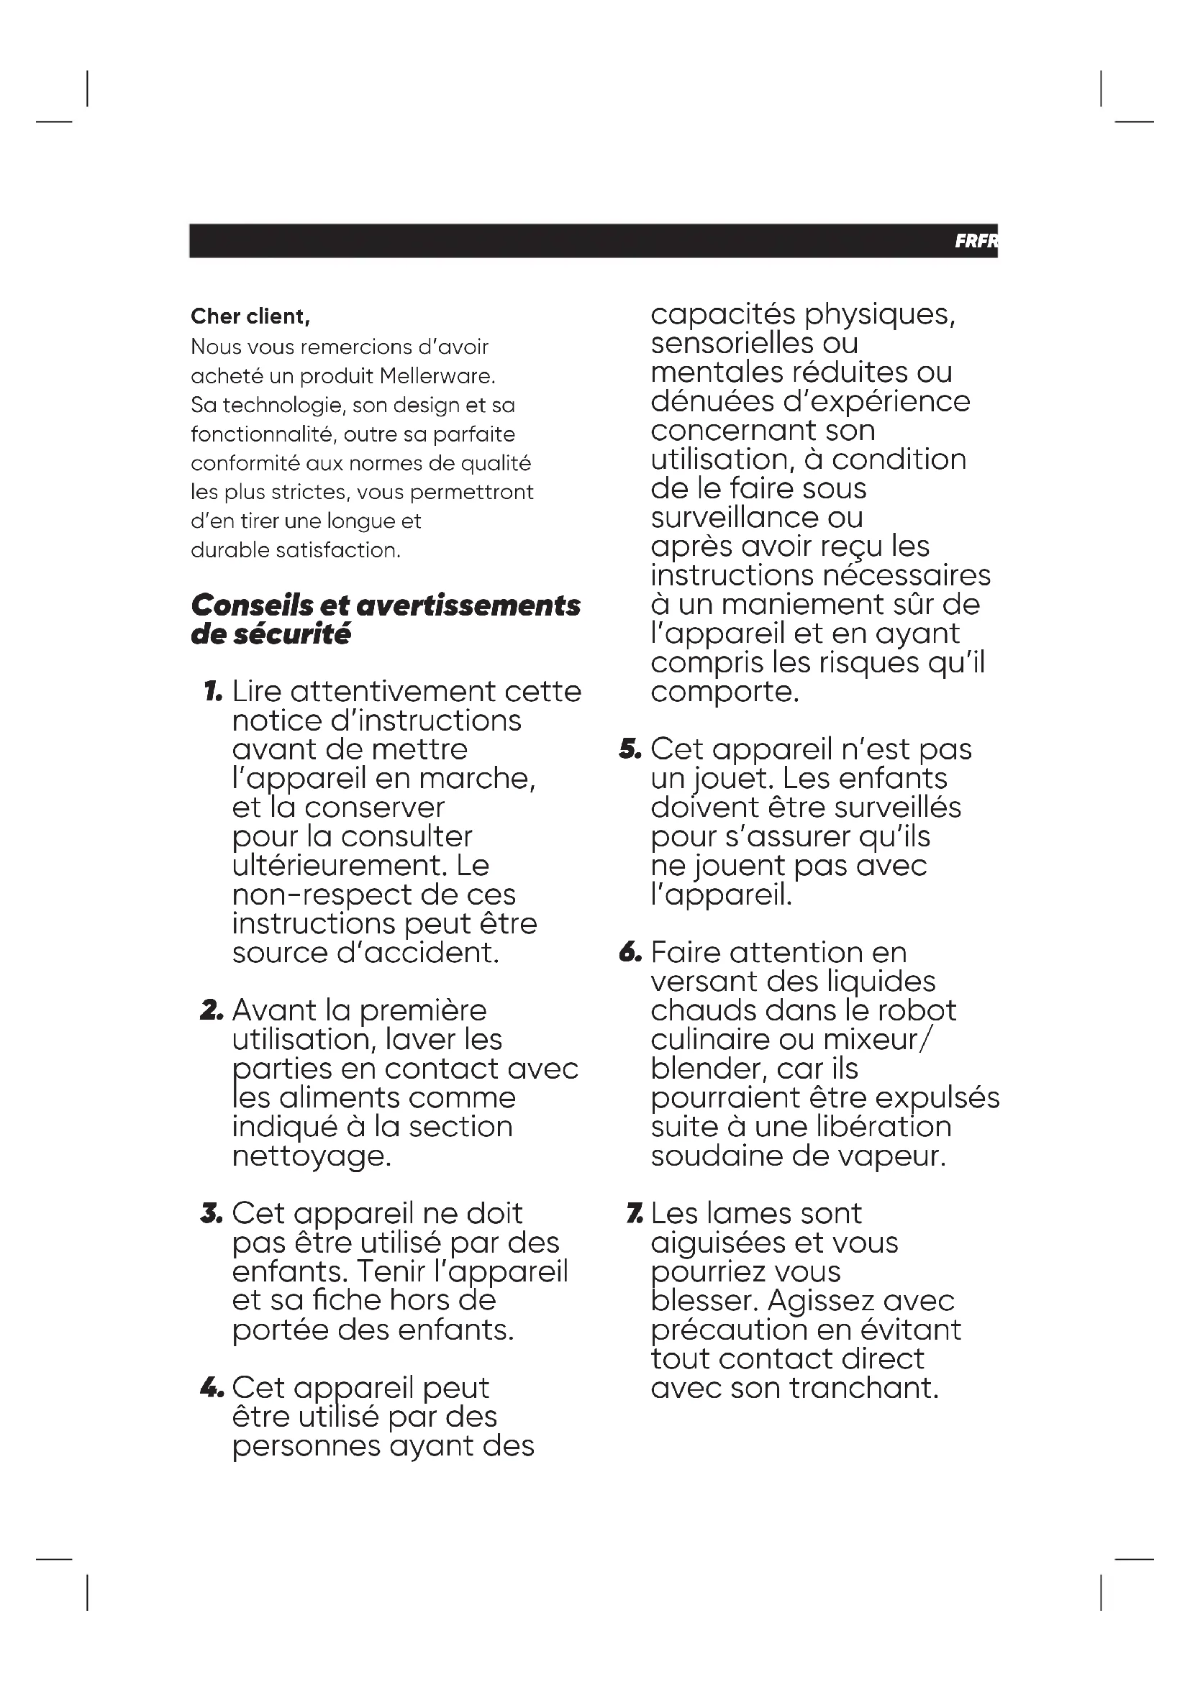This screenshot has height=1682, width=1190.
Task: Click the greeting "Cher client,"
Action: [250, 316]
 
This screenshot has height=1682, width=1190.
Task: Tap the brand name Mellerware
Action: [437, 376]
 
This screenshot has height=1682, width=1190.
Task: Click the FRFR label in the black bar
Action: [976, 241]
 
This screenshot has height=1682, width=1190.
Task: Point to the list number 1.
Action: [212, 692]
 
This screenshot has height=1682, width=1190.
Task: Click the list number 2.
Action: [211, 1011]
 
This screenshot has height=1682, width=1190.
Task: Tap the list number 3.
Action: [211, 1215]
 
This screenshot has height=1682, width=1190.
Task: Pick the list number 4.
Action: [211, 1388]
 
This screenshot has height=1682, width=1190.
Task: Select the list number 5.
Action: [630, 749]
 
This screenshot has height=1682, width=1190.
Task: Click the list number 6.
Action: [630, 953]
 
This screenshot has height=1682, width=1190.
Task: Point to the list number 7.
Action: [635, 1215]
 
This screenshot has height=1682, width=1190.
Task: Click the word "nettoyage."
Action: [312, 1157]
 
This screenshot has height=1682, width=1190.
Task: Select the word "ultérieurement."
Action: [340, 866]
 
